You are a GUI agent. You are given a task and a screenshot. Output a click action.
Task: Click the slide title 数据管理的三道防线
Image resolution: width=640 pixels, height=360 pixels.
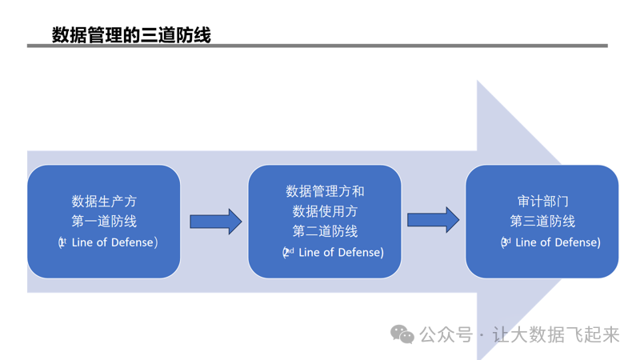[131, 34]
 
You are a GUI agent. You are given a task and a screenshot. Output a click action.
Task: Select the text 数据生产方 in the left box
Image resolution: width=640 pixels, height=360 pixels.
[104, 201]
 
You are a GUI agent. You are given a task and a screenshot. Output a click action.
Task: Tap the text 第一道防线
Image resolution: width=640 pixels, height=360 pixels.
[104, 221]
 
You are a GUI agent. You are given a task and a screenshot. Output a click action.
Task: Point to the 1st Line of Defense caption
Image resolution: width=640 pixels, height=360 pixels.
[107, 242]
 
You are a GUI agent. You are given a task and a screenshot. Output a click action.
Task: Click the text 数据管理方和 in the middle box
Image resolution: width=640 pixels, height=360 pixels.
[325, 191]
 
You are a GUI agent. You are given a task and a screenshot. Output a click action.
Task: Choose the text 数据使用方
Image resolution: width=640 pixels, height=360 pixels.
[325, 211]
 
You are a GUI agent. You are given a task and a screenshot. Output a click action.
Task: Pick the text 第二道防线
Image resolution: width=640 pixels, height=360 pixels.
[325, 231]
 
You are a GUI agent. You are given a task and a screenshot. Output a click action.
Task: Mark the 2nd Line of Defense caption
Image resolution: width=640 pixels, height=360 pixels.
[333, 253]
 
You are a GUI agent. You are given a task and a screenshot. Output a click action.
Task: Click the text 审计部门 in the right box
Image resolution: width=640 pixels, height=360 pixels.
[542, 201]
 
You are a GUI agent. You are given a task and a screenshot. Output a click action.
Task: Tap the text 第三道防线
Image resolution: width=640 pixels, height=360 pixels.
[542, 221]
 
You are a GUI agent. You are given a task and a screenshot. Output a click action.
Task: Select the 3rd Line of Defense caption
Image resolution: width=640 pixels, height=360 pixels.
[550, 242]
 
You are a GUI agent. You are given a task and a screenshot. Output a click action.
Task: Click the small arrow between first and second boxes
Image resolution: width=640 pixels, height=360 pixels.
[215, 222]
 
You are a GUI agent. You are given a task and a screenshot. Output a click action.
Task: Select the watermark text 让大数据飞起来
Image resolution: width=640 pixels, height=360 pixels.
[556, 335]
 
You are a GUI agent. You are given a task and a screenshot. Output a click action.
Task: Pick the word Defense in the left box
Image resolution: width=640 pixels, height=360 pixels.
[133, 242]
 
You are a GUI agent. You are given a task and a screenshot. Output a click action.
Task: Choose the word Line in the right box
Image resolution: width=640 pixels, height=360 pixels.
[528, 242]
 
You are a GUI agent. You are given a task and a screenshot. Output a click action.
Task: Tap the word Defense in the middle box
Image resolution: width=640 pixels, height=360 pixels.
[359, 253]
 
